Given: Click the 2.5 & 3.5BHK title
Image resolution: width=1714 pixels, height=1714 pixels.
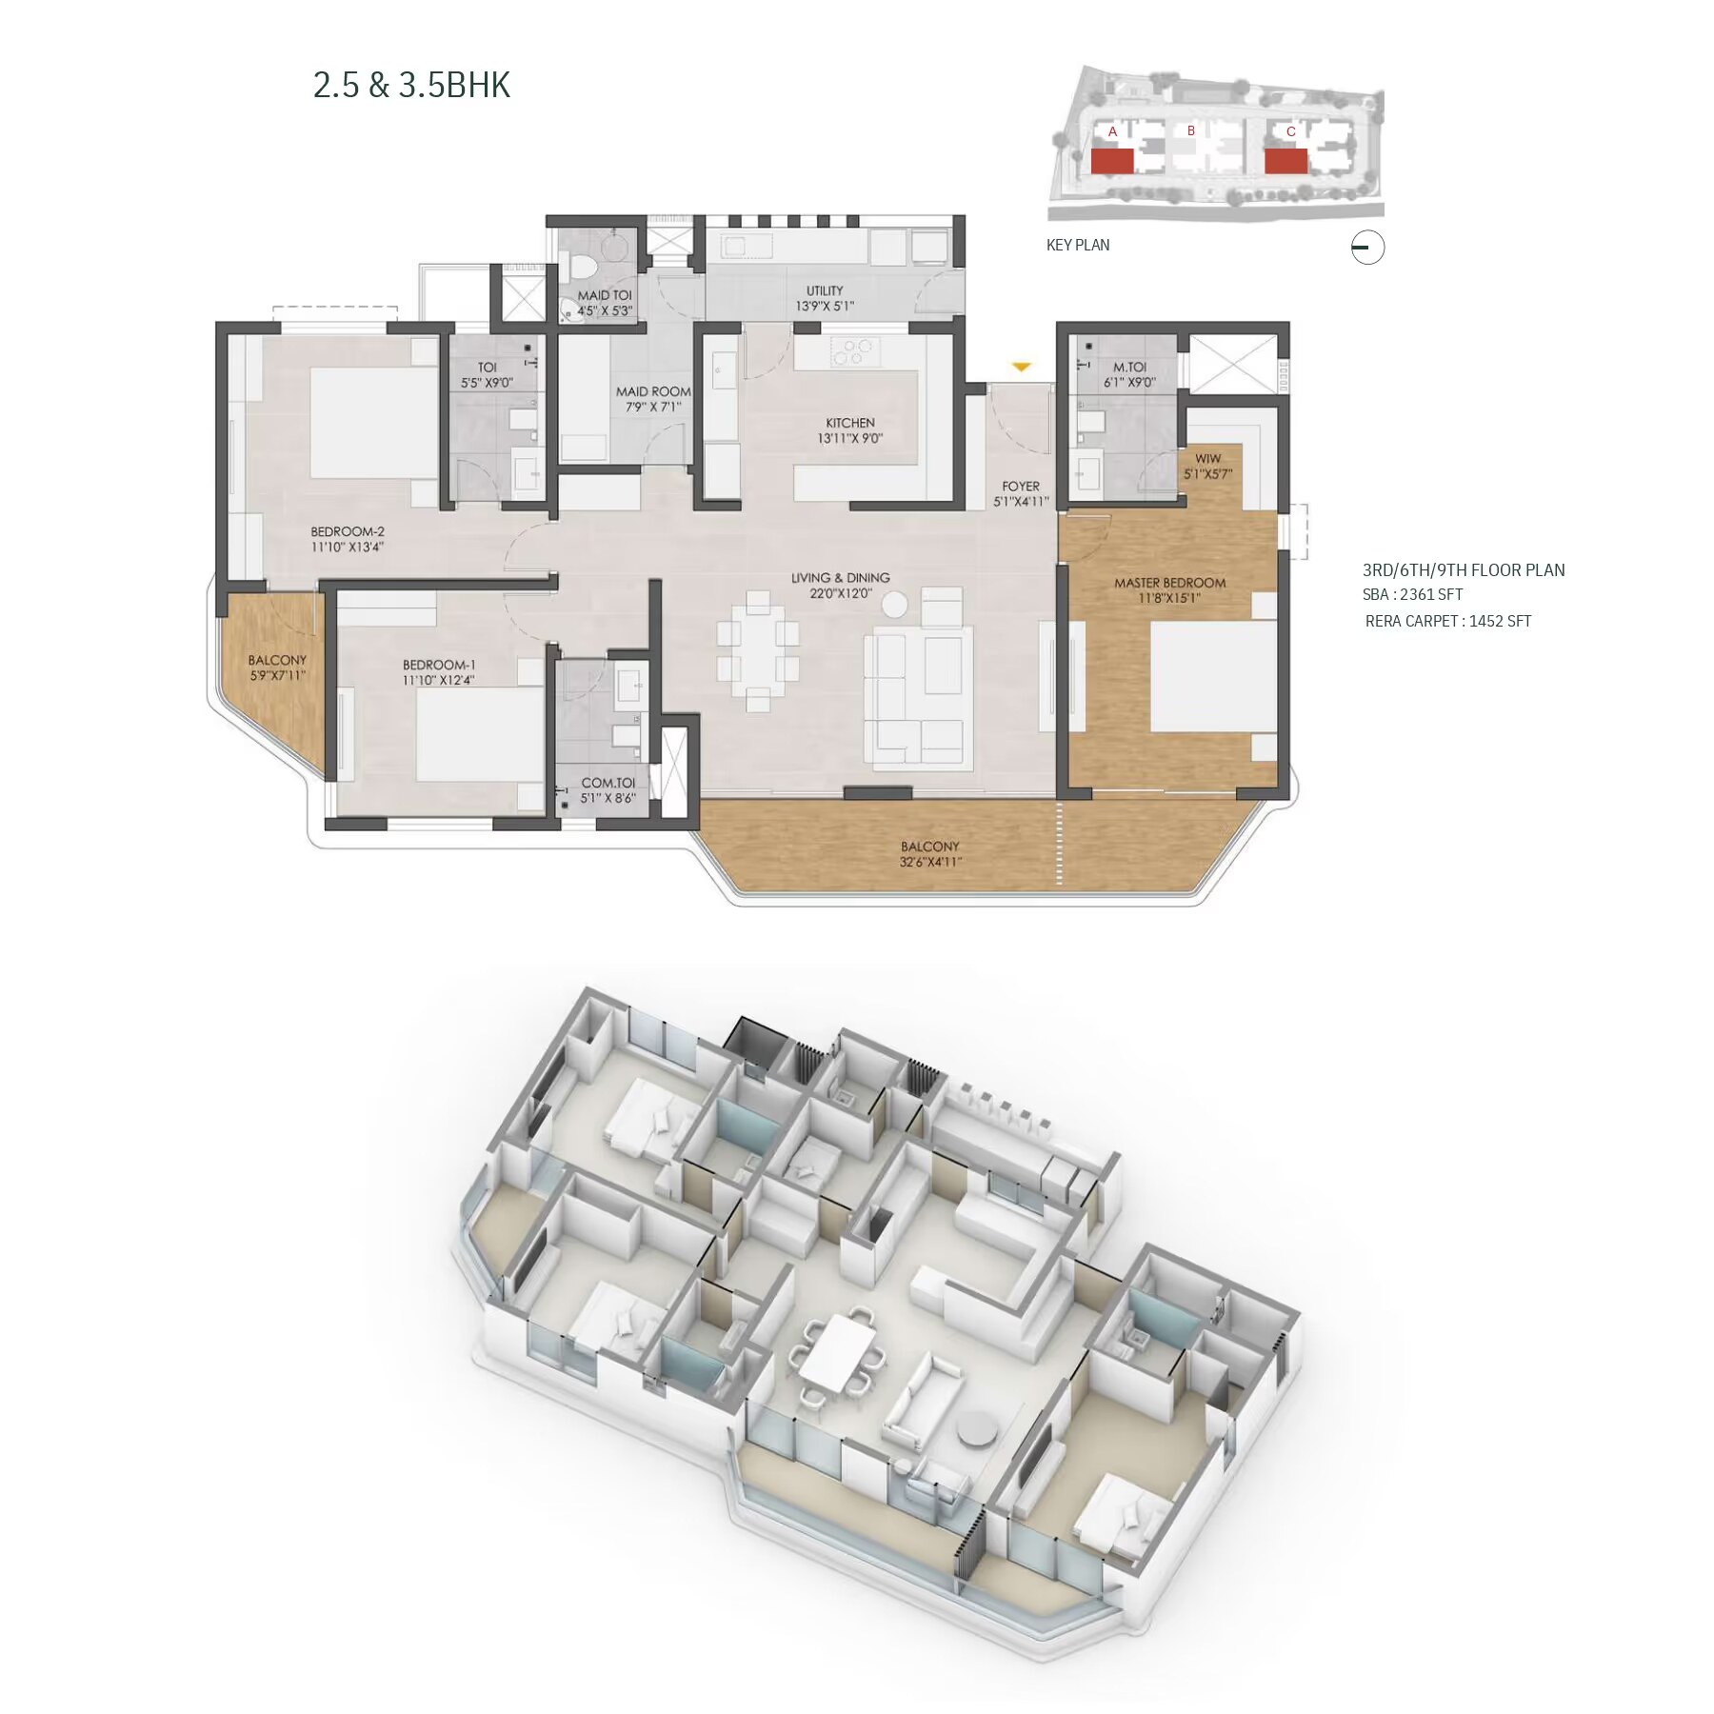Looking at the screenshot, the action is [x=411, y=86].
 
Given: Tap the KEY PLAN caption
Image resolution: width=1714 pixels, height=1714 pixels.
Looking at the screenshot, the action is [x=1078, y=245].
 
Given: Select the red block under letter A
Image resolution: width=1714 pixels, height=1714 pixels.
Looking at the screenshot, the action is [x=1112, y=162].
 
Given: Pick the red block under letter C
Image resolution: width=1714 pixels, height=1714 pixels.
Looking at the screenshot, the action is [x=1285, y=162].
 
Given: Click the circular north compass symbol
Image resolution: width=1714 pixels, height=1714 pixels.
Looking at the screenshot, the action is [x=1367, y=248].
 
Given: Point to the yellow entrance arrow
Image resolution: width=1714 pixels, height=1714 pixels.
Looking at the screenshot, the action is [x=1021, y=367].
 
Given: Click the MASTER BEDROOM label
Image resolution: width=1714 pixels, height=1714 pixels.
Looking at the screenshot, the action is [x=1170, y=583].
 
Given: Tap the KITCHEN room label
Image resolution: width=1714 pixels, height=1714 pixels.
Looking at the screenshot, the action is [x=850, y=423].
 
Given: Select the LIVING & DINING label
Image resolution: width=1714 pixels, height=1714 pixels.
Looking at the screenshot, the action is [x=841, y=578].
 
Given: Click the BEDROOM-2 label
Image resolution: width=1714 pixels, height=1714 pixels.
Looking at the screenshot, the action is [x=348, y=532].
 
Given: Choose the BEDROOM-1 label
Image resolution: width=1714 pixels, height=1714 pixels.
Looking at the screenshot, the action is [x=438, y=666].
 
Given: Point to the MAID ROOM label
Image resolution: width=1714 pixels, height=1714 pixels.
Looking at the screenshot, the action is [x=653, y=391].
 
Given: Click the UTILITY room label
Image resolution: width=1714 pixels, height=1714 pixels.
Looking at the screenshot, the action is [x=825, y=291].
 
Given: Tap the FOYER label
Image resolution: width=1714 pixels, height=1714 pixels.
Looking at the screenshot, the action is [x=1021, y=487].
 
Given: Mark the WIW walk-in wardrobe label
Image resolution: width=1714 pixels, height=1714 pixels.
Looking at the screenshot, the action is [x=1207, y=459].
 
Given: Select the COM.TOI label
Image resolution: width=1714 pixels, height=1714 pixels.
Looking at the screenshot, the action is [x=608, y=784].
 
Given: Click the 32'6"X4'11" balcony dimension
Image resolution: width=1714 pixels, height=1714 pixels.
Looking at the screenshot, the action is [x=930, y=863].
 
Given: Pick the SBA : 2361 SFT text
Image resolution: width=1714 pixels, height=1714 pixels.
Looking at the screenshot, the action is [x=1412, y=594].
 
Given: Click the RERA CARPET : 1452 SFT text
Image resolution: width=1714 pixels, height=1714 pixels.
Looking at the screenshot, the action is [x=1448, y=621].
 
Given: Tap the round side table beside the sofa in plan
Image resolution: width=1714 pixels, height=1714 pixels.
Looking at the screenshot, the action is [x=895, y=604].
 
